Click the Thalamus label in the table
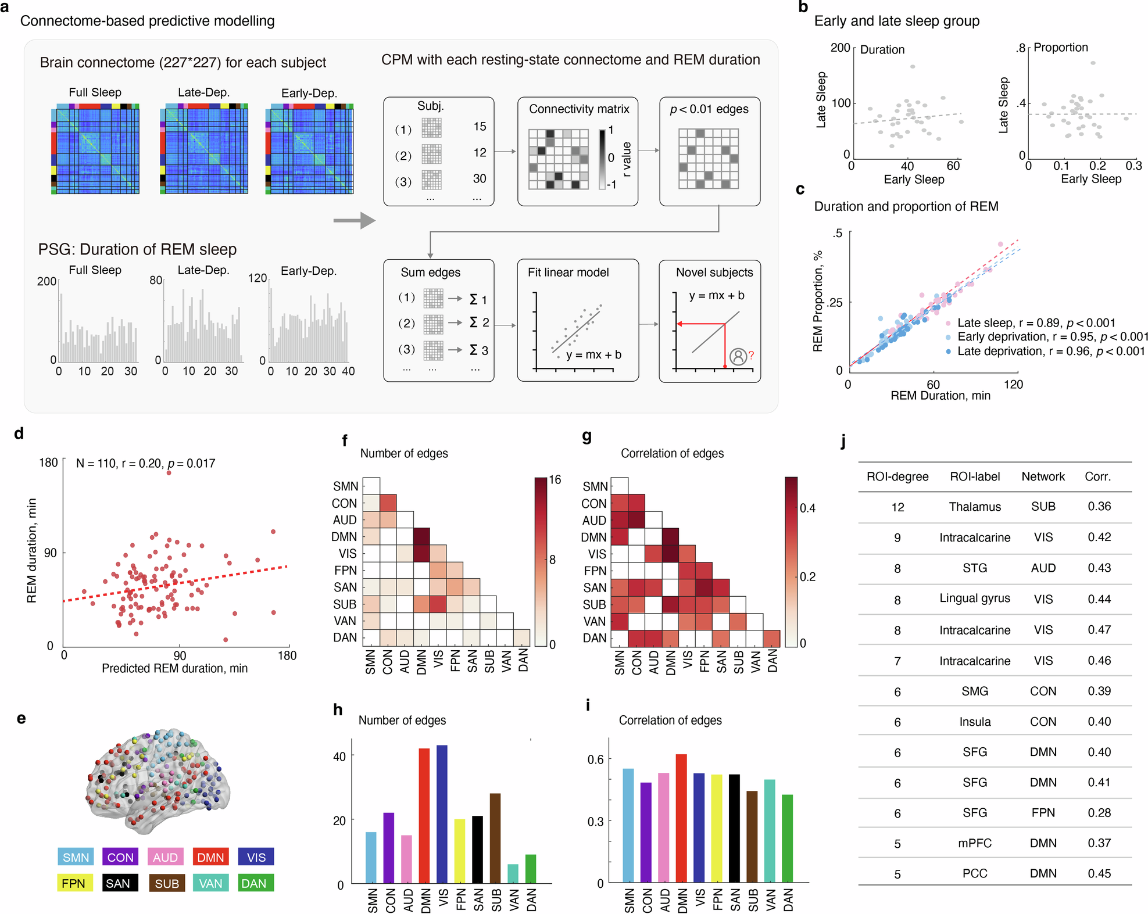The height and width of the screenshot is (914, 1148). coord(974,507)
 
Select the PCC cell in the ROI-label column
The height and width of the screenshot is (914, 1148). coord(974,873)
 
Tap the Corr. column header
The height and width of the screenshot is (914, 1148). coord(1097,476)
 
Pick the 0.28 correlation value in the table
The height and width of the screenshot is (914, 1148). coord(1099,812)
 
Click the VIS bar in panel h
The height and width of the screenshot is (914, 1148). coord(442,813)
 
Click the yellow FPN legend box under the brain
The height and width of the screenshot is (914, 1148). coord(74,883)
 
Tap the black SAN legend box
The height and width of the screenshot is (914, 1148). coord(120,883)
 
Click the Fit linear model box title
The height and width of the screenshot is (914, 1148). coord(568,272)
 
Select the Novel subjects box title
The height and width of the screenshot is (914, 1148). coord(714,272)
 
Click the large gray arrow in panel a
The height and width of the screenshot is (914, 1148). coord(354,220)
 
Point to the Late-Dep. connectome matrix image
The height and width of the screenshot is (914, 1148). coord(204,149)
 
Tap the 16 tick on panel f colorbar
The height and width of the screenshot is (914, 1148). coord(555,479)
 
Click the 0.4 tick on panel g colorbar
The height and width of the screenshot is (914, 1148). coord(807,508)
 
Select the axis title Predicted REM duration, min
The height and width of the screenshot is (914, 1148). coord(174,668)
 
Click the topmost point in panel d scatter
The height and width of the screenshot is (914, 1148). coord(169,473)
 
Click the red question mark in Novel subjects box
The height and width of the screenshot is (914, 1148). coord(751,355)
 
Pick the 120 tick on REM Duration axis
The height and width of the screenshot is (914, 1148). coord(1013,384)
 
